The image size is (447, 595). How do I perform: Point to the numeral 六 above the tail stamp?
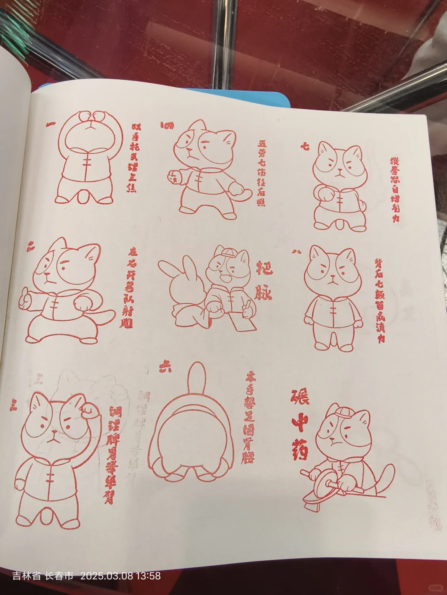pyautogui.click(x=165, y=367)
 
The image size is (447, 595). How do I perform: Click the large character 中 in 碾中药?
pyautogui.click(x=300, y=424)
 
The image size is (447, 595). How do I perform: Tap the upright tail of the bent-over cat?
pyautogui.click(x=197, y=378)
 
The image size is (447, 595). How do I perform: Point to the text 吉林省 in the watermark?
pyautogui.click(x=26, y=576)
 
